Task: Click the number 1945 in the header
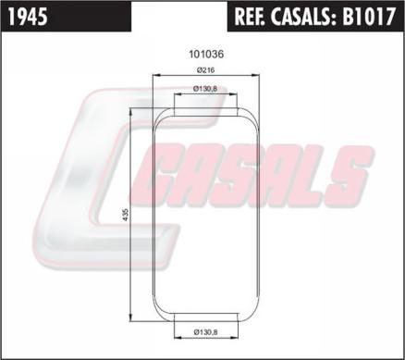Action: (28, 17)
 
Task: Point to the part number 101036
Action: (206, 55)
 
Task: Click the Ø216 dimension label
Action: (205, 70)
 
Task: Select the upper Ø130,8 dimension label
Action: (205, 89)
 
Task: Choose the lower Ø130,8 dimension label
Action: (205, 332)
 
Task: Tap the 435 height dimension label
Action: (126, 215)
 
